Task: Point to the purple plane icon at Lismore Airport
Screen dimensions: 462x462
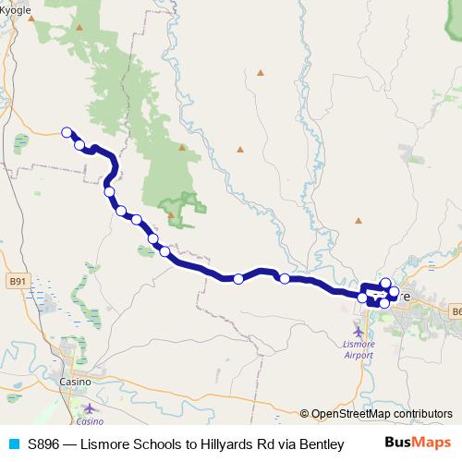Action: [x=359, y=330]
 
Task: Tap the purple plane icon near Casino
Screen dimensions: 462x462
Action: [x=89, y=407]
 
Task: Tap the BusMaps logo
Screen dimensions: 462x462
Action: [x=418, y=444]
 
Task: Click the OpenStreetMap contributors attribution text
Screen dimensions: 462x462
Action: [x=382, y=414]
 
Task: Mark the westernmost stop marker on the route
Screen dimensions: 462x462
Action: [x=67, y=132]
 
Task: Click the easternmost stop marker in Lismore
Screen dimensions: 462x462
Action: [x=395, y=293]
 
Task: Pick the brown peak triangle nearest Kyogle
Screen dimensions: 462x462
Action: [x=79, y=27]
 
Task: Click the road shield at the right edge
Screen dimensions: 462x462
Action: [x=456, y=312]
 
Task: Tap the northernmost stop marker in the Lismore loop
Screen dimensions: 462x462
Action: [x=386, y=283]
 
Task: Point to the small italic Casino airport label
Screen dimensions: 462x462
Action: [x=90, y=421]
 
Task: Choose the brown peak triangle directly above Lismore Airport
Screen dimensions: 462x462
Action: [x=359, y=221]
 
